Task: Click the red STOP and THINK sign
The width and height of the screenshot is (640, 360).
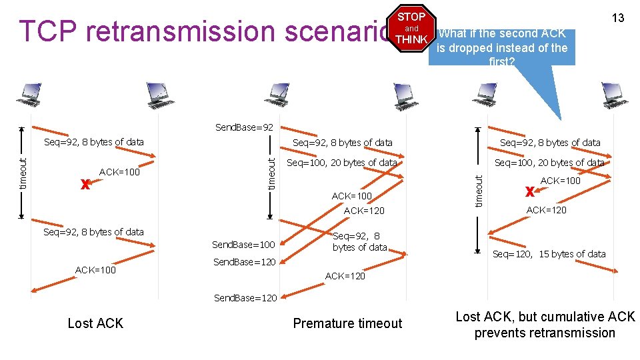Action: tap(412, 28)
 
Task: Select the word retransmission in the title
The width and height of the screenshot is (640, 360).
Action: tap(171, 31)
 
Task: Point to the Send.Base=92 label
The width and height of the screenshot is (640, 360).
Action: tap(244, 127)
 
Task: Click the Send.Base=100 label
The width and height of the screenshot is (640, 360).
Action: tap(243, 245)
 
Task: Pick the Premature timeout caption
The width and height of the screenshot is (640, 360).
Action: tap(347, 323)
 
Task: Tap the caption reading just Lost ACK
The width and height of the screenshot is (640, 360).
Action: tap(95, 323)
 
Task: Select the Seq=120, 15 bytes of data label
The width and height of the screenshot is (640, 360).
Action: tap(549, 253)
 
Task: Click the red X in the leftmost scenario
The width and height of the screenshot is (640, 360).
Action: tap(85, 185)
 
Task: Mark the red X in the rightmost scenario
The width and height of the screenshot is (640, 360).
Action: tap(529, 192)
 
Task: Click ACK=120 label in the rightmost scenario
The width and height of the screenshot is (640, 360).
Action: tap(546, 210)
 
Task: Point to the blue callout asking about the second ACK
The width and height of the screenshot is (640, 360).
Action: tap(501, 47)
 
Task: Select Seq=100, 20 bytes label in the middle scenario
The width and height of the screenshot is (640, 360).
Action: tap(341, 163)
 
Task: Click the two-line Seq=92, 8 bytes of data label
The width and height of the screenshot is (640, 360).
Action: tap(359, 241)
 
